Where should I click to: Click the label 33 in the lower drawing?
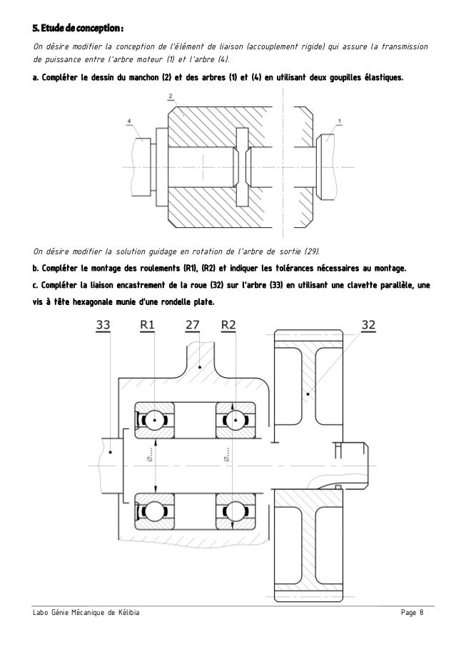point(103,326)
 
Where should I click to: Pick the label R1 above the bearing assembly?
point(148,326)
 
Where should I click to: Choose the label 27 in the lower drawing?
point(193,326)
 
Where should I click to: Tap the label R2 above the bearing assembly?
point(229,326)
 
